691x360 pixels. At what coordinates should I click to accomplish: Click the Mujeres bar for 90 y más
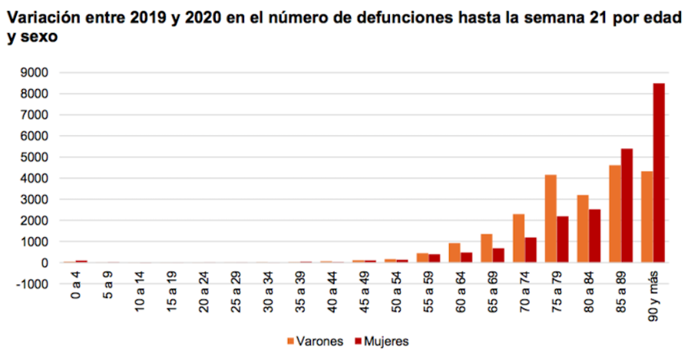[x=659, y=173]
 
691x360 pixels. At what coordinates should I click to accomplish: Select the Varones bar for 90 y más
[x=647, y=216]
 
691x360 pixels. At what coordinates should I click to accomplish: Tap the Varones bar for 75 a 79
[x=550, y=219]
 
